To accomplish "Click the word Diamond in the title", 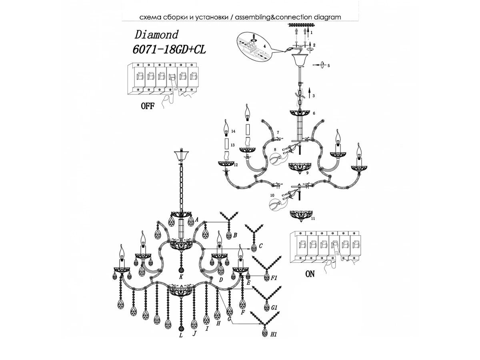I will (x=156, y=34).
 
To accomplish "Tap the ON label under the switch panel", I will (x=310, y=274).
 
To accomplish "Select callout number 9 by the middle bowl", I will (x=307, y=173).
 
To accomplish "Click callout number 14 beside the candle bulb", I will (x=233, y=131).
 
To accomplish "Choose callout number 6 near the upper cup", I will (x=314, y=113).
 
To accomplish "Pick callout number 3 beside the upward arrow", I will (x=314, y=96).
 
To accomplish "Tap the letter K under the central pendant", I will (x=181, y=276).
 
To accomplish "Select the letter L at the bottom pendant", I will (x=181, y=335).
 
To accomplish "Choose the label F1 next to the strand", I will (x=274, y=277).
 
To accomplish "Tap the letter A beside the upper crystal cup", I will (x=197, y=219).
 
